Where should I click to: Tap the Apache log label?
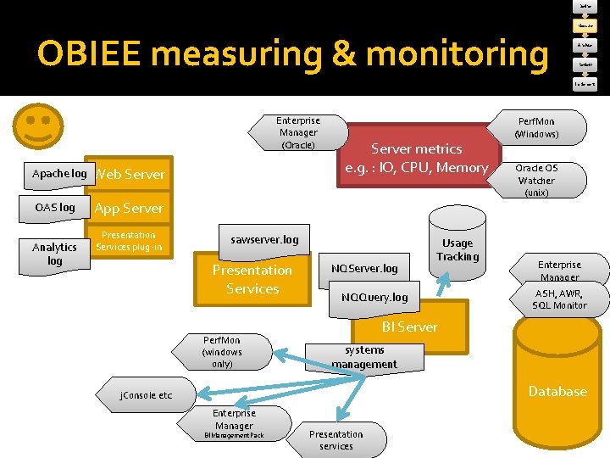[x=59, y=174]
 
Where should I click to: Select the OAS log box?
[x=55, y=208]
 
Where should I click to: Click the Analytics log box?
[x=55, y=254]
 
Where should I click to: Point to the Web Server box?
[x=130, y=175]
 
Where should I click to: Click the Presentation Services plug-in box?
[x=129, y=242]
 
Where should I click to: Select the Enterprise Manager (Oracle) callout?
[x=298, y=133]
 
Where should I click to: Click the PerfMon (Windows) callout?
[x=536, y=128]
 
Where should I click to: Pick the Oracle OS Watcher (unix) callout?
[x=536, y=180]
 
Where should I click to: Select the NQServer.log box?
[x=364, y=269]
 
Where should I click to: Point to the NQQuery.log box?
[x=374, y=297]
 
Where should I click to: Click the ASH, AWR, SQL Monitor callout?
[x=559, y=299]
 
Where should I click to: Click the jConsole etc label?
[x=146, y=395]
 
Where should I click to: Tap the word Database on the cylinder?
[x=557, y=391]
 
